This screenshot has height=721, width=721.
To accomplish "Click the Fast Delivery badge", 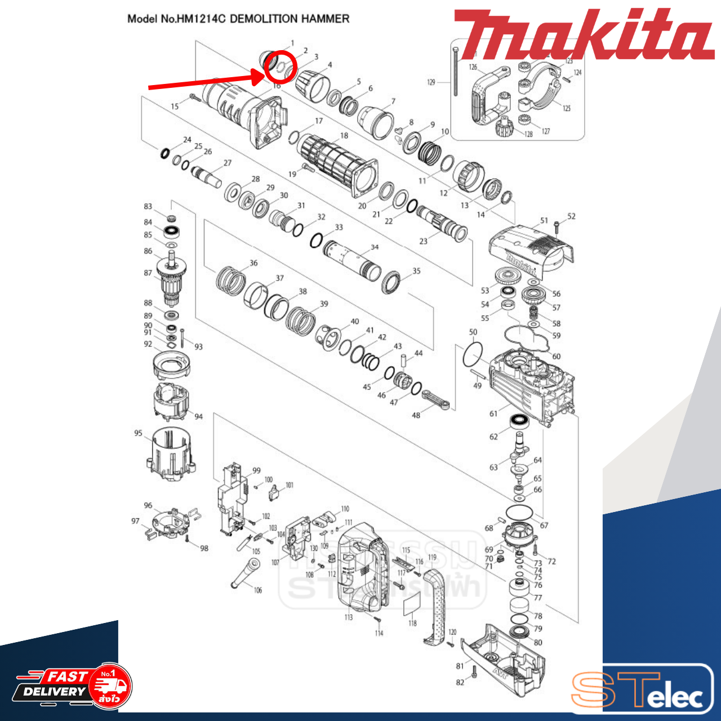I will (73, 686).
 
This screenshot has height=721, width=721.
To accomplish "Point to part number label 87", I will (148, 273).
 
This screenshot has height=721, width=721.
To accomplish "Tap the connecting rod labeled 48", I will (437, 399).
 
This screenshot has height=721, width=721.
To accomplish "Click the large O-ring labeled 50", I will (473, 354).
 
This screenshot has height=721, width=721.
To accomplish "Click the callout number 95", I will (139, 433).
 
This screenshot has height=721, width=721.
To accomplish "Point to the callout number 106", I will (258, 590).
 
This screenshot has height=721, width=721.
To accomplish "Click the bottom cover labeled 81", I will (504, 656).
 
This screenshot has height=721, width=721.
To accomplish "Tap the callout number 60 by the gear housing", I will (556, 357).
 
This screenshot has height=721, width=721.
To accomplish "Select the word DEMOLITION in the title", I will (264, 19).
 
